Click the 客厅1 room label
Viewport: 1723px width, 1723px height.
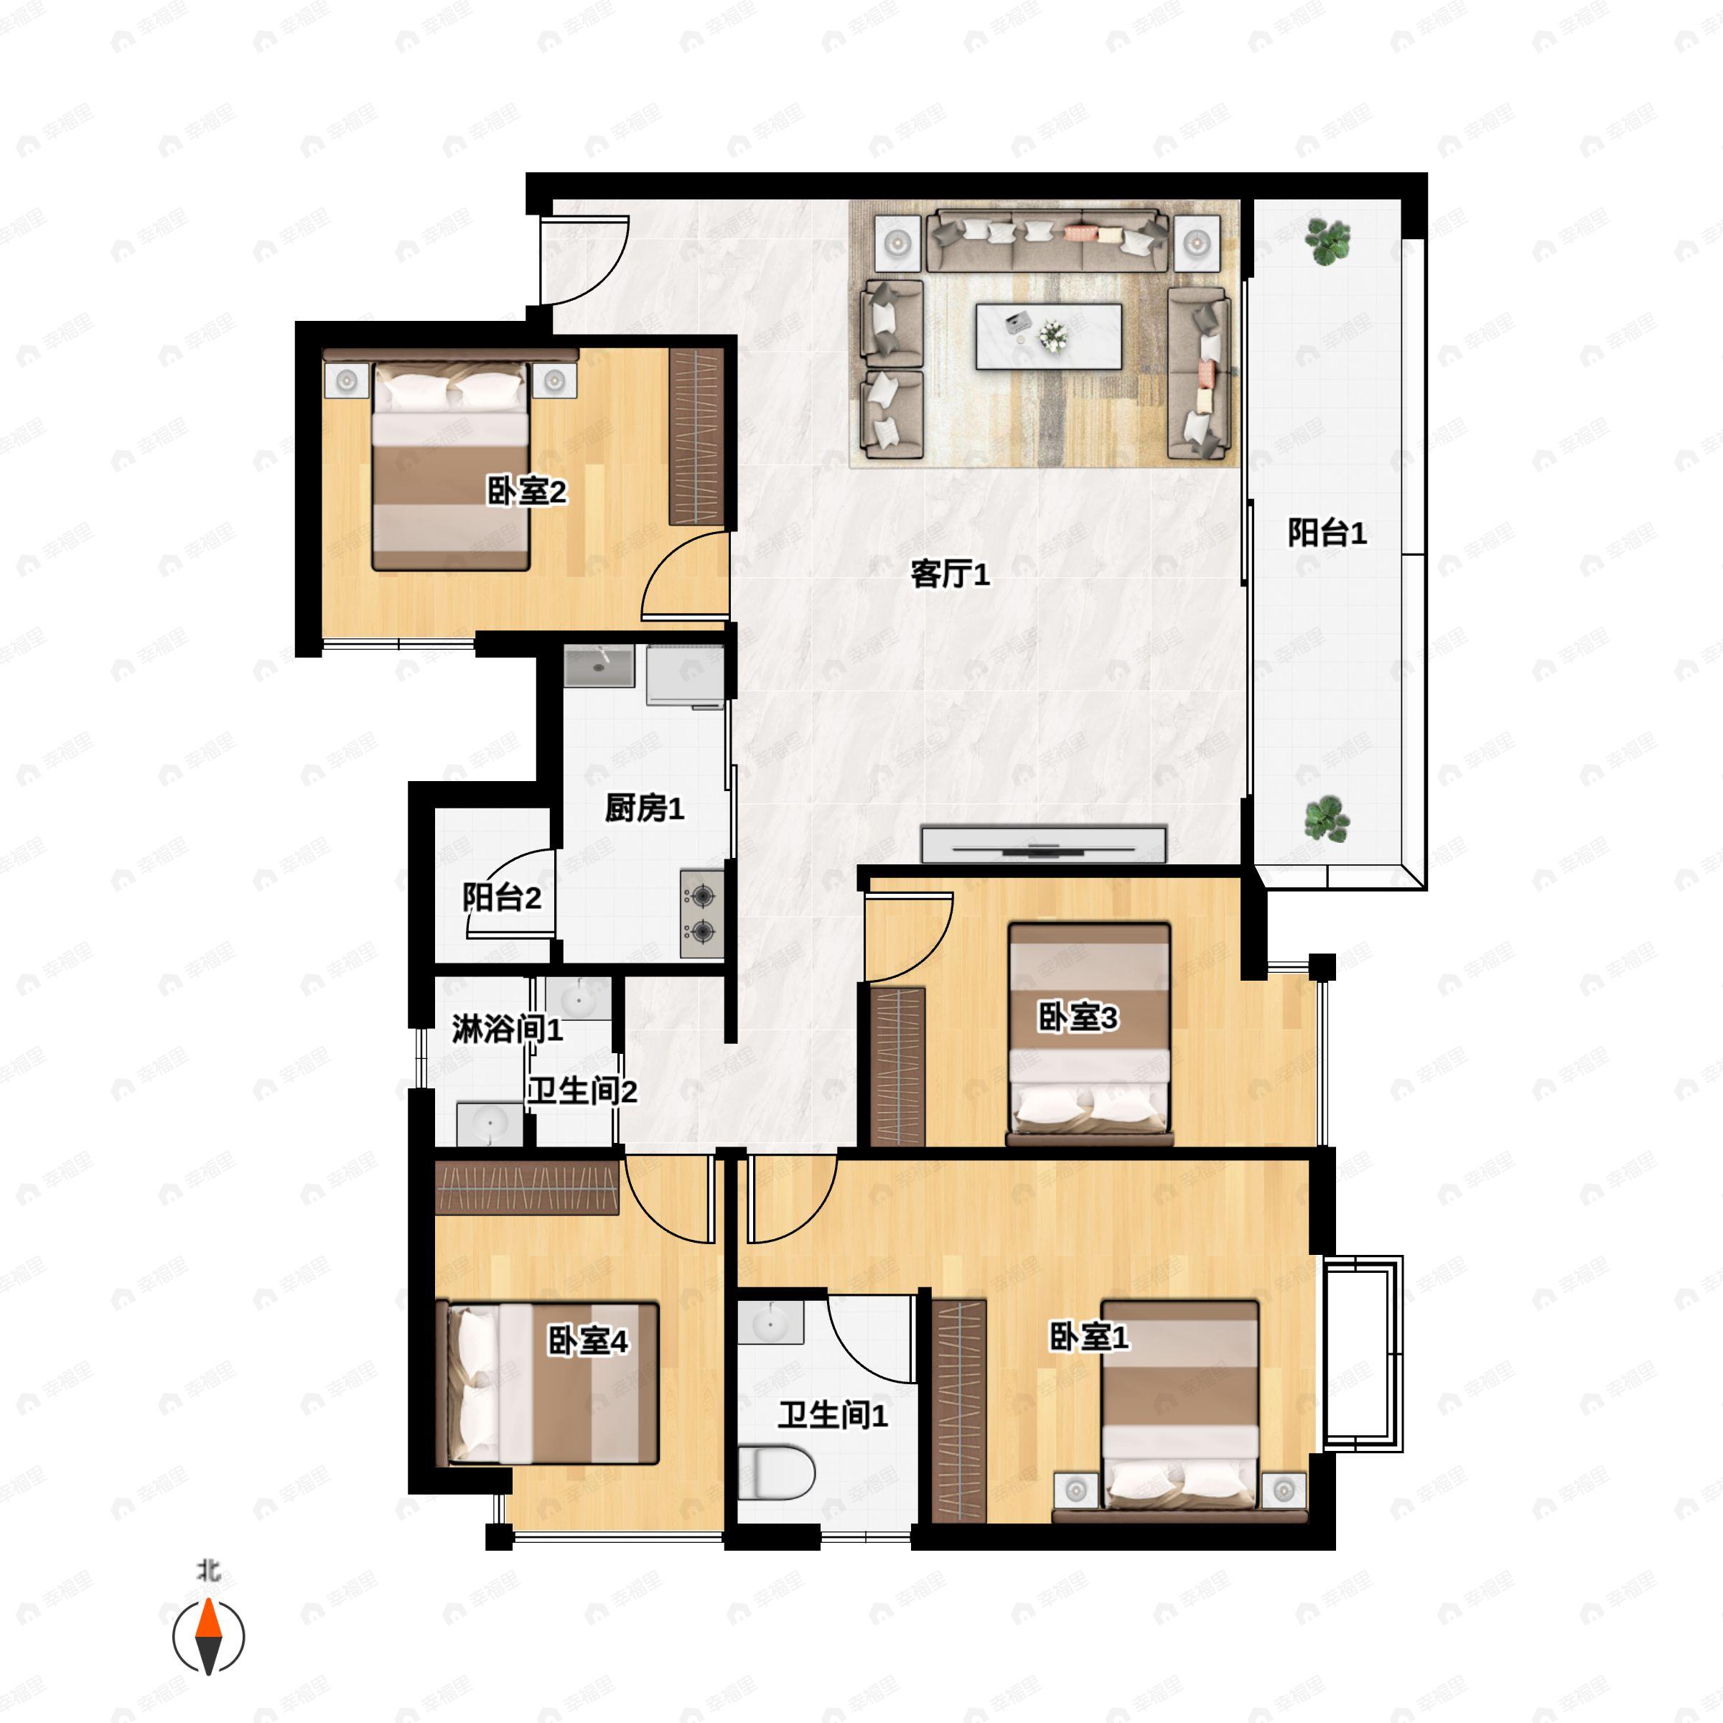click(x=950, y=574)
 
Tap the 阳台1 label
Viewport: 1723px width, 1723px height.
click(x=1327, y=533)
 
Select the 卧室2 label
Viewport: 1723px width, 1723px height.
click(x=526, y=491)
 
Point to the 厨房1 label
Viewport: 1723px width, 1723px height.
click(x=644, y=809)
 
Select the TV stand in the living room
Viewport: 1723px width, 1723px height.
click(x=1043, y=844)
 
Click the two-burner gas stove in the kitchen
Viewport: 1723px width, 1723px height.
click(x=702, y=913)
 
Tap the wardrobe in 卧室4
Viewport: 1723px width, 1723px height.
click(x=526, y=1190)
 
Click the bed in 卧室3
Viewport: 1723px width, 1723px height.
click(x=1089, y=1035)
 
